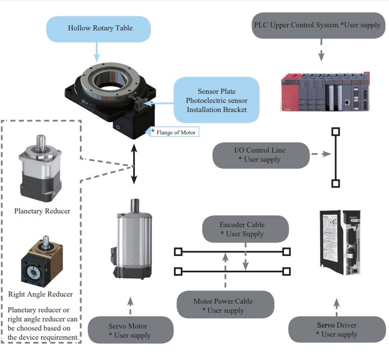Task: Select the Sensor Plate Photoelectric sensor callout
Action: point(216,95)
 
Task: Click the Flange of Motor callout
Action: point(174,132)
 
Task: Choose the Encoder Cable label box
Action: point(245,229)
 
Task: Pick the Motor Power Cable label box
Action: point(225,305)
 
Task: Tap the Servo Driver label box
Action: point(337,329)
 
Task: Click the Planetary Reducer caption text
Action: point(42,211)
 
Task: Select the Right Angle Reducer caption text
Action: point(41,294)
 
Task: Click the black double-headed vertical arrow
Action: point(134,164)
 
